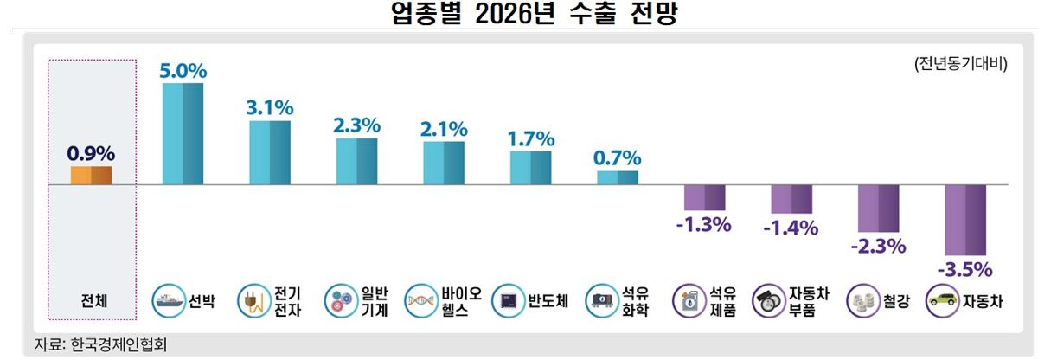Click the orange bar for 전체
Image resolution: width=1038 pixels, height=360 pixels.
(92, 176)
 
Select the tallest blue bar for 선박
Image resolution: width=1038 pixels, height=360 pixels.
(183, 134)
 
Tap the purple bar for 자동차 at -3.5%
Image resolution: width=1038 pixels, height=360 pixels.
(965, 220)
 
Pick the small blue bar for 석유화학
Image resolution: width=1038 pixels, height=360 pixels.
(618, 178)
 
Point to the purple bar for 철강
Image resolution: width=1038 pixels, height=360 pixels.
(878, 209)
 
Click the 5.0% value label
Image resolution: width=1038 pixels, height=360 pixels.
(183, 71)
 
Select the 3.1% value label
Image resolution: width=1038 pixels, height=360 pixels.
(270, 108)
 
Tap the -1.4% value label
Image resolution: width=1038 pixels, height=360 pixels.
(791, 228)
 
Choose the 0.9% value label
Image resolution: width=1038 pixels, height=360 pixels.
(91, 153)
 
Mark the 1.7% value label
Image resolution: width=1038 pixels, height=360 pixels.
(531, 139)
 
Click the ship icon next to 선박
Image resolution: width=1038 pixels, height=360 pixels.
(168, 300)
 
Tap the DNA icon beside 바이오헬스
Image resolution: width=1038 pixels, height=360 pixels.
(420, 300)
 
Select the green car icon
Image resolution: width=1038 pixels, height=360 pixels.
(942, 300)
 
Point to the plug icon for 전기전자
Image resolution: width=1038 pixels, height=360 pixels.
(254, 300)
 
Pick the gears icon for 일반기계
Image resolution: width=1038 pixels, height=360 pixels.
(341, 300)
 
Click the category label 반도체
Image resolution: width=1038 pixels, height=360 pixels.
(548, 301)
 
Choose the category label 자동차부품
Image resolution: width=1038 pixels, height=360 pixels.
(809, 301)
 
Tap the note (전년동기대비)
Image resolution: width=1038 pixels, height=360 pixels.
(961, 63)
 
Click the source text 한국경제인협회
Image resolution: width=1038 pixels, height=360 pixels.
(119, 344)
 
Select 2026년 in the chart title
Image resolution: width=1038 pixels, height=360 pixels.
(515, 14)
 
